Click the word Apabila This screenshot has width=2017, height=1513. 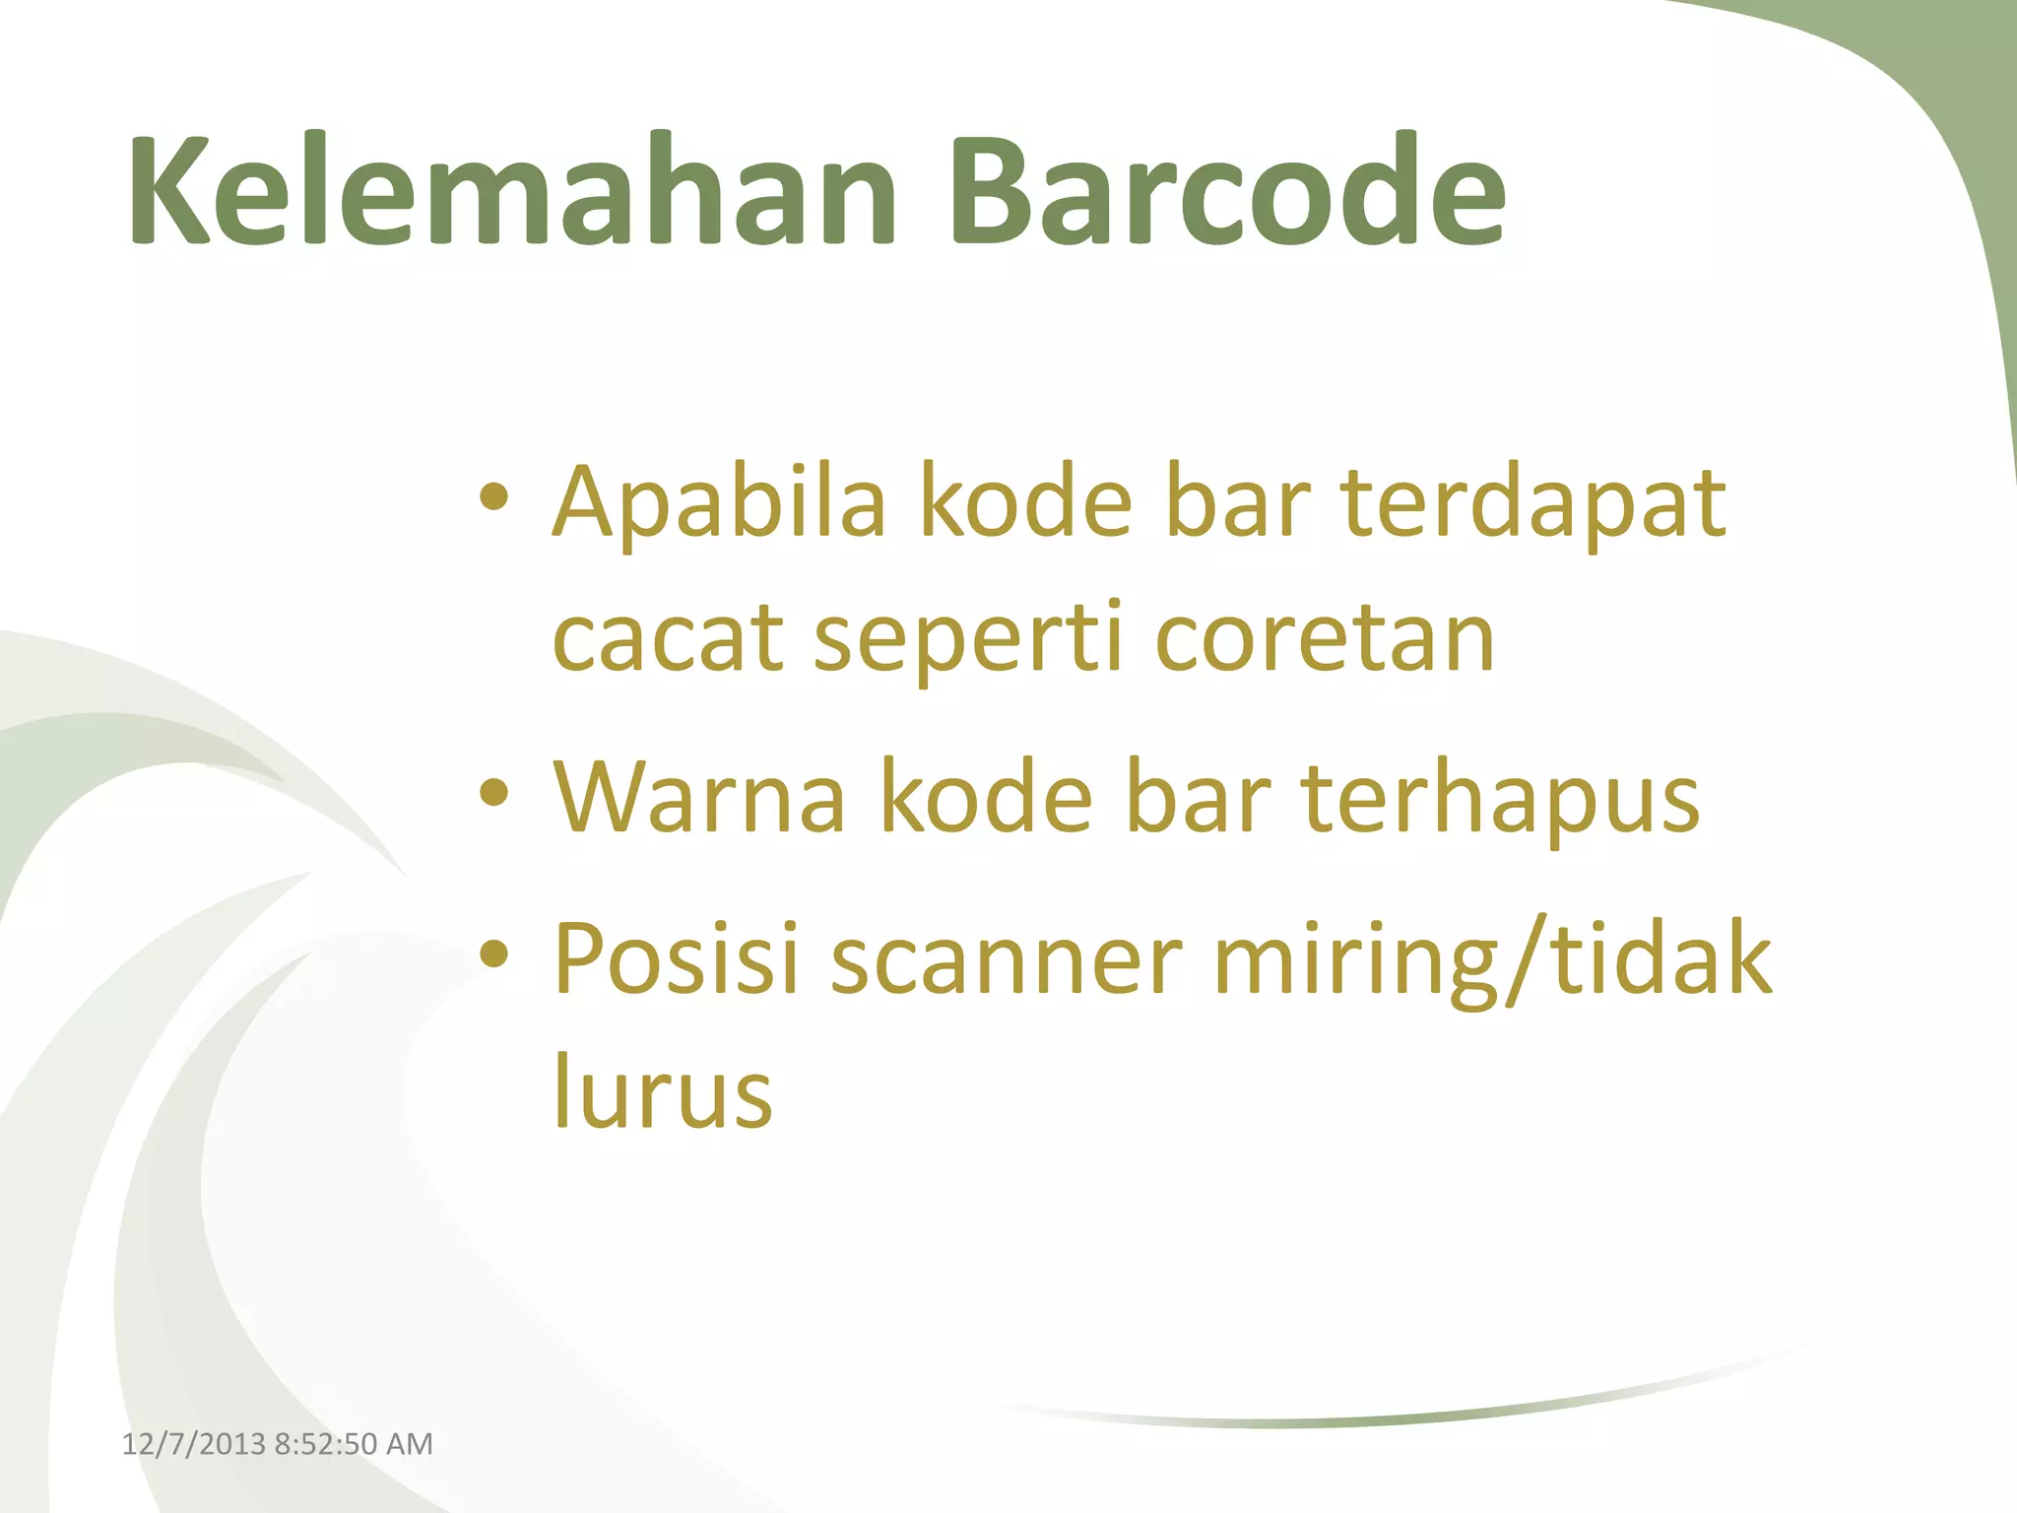(719, 504)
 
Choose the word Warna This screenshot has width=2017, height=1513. (699, 798)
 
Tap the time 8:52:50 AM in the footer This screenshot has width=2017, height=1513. (354, 1444)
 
